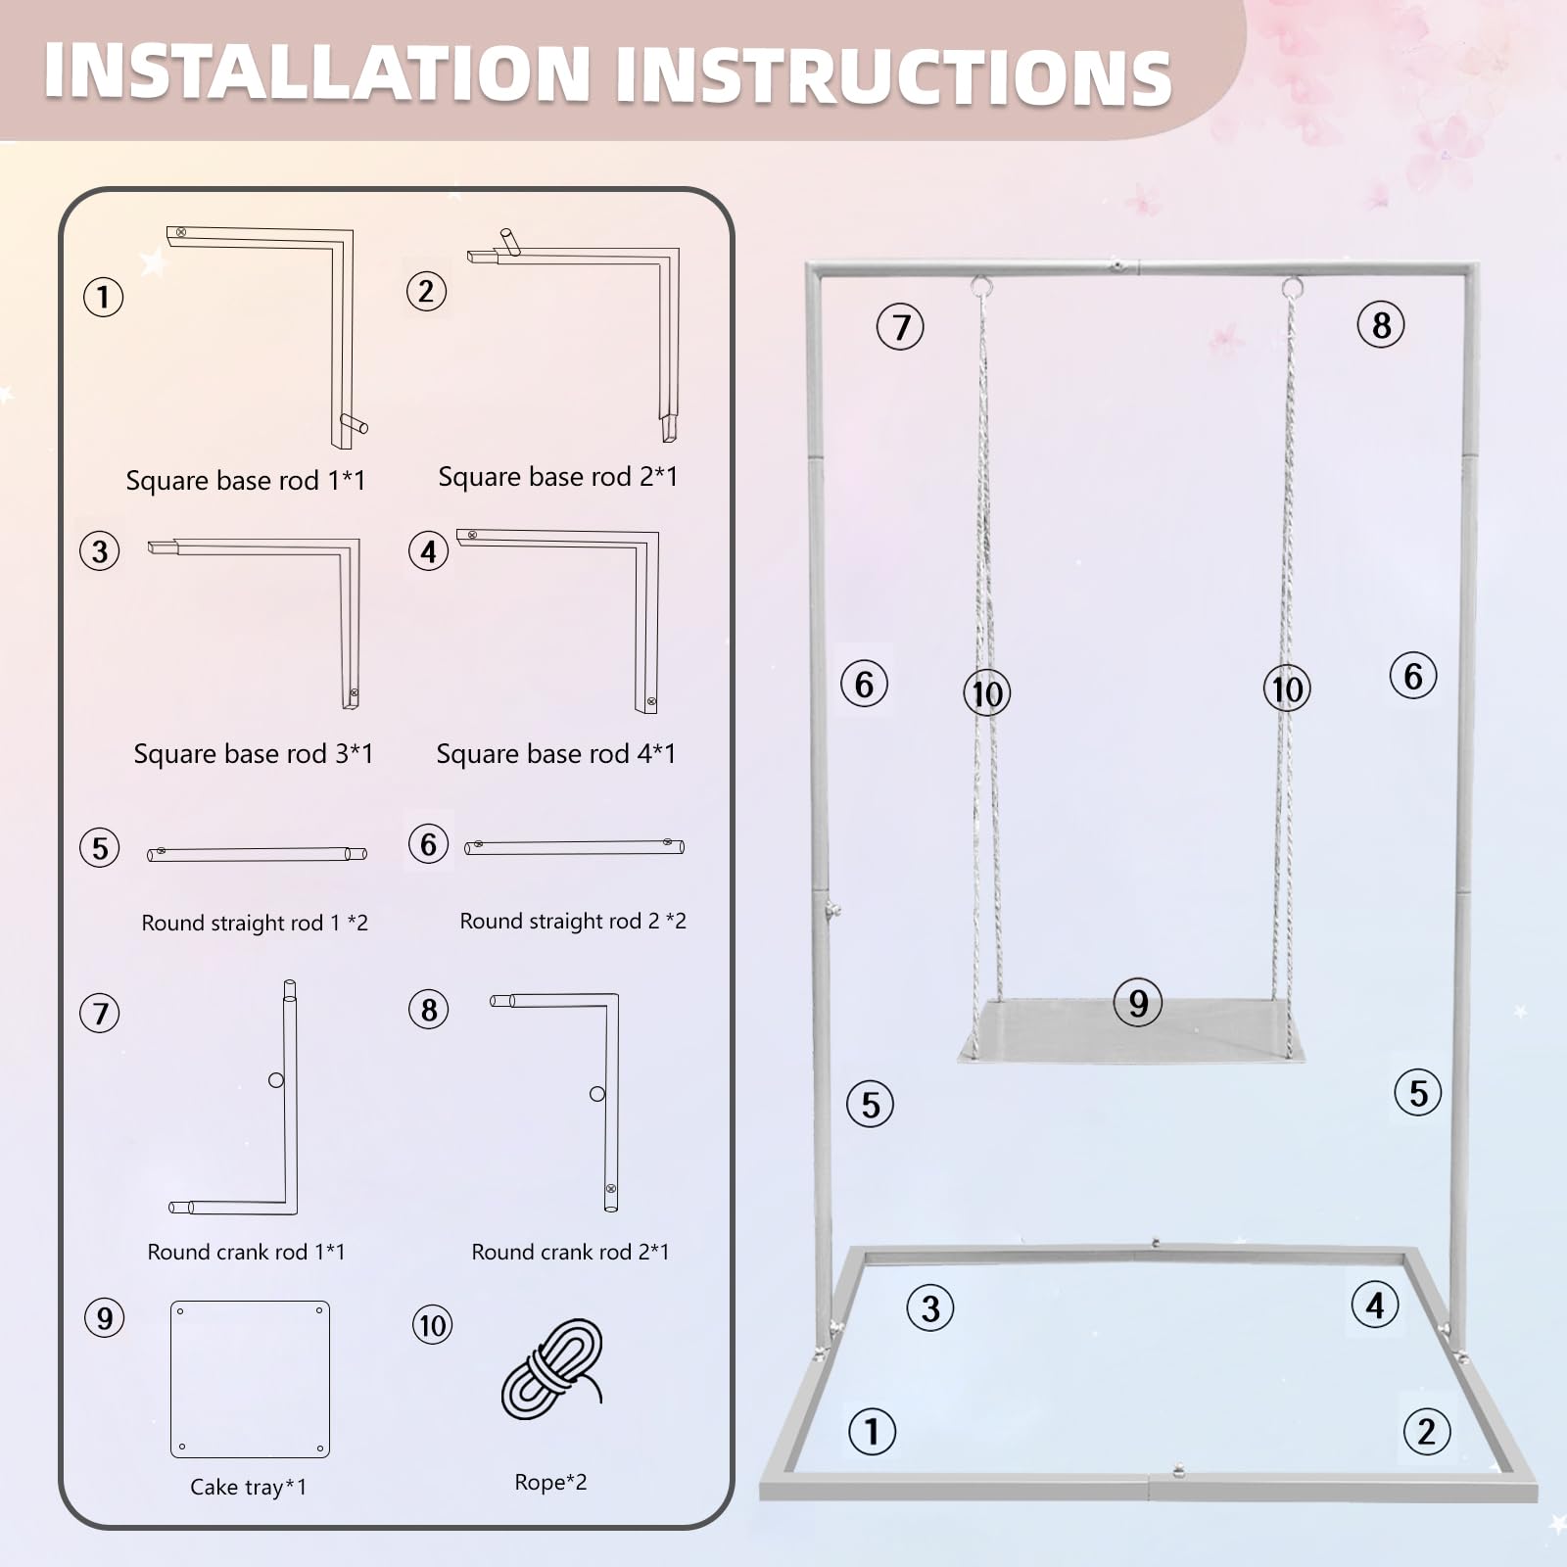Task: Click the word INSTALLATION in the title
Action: pyautogui.click(x=316, y=72)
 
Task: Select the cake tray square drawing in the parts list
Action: pyautogui.click(x=250, y=1379)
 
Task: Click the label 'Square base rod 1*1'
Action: pyautogui.click(x=245, y=481)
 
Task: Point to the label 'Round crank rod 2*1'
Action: pyautogui.click(x=570, y=1252)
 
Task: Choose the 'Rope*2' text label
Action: pyautogui.click(x=550, y=1483)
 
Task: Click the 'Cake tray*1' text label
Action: pyautogui.click(x=248, y=1488)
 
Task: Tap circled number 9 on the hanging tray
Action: pyautogui.click(x=1137, y=1003)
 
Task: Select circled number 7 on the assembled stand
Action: pyautogui.click(x=900, y=327)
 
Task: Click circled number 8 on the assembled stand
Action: pyautogui.click(x=1381, y=325)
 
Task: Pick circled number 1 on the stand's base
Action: pyautogui.click(x=872, y=1431)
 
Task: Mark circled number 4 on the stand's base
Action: pyautogui.click(x=1374, y=1306)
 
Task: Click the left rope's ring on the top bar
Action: pyautogui.click(x=981, y=287)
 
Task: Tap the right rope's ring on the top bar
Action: pyautogui.click(x=1292, y=288)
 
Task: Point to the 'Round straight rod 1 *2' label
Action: pyautogui.click(x=255, y=923)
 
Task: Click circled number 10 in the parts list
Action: pyautogui.click(x=432, y=1325)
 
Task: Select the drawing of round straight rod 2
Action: pyautogui.click(x=574, y=846)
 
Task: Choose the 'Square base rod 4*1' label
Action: pyautogui.click(x=555, y=754)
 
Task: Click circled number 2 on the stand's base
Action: pyautogui.click(x=1426, y=1432)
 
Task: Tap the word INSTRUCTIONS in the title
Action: pyautogui.click(x=893, y=76)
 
